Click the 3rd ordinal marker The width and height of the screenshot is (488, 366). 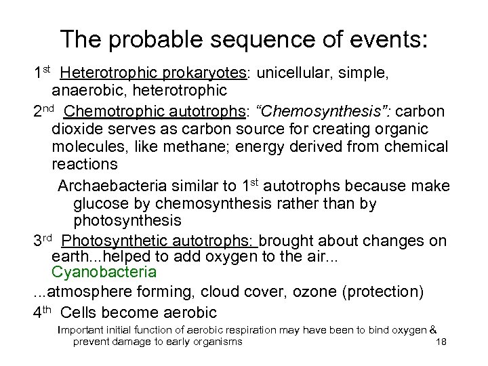pyautogui.click(x=47, y=241)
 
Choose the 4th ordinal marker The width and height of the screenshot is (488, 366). pyautogui.click(x=46, y=312)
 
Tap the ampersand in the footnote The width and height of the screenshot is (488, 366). pyautogui.click(x=432, y=330)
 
